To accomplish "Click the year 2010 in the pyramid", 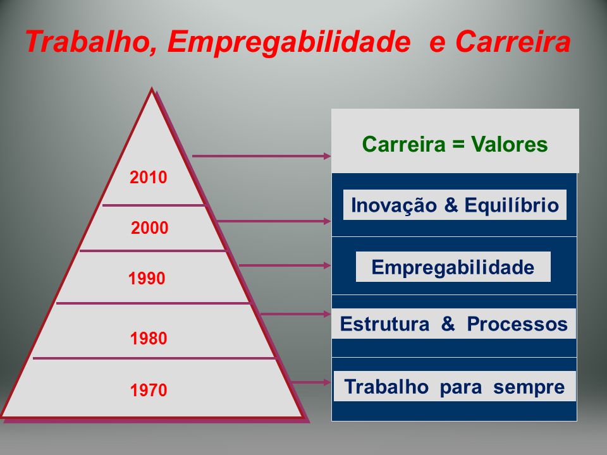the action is [x=148, y=177].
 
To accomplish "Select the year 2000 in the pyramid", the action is [x=149, y=227].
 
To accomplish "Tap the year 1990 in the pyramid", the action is [x=147, y=278].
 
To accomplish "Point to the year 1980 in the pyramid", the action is [x=149, y=338].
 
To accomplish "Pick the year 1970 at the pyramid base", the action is [x=149, y=390].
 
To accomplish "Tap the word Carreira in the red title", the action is [x=513, y=42].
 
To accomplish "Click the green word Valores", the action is [x=509, y=144].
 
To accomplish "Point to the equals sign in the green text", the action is [x=458, y=145].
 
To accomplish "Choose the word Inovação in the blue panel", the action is [x=394, y=205].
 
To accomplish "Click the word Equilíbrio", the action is [x=512, y=205].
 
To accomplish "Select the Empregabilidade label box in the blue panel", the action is [x=453, y=267].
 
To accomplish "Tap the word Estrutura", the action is [x=384, y=324].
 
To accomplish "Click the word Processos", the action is [x=517, y=324].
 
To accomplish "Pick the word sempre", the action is [x=529, y=387].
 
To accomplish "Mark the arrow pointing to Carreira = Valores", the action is [x=261, y=156].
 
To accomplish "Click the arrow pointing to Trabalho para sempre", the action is [x=310, y=382].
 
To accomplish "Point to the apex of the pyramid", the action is [x=152, y=88].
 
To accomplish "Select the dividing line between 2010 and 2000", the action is [x=153, y=205].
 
